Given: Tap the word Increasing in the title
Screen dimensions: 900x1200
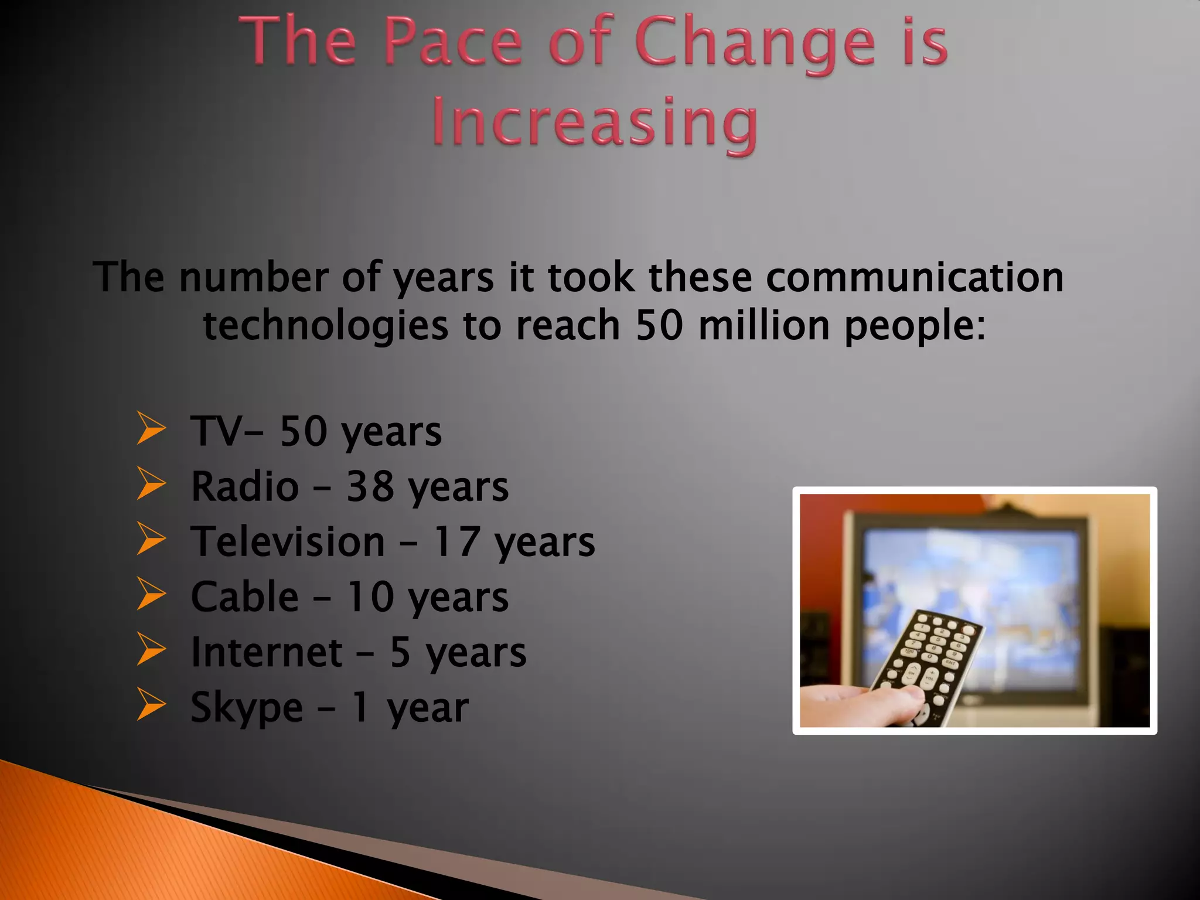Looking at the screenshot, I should [x=595, y=122].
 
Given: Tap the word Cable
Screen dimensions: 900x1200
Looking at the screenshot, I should [x=245, y=597].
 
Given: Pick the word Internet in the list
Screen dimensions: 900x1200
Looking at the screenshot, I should [x=267, y=652].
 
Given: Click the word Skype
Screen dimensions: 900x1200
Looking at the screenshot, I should [x=247, y=708].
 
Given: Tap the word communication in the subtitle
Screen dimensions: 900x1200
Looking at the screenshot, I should [x=914, y=277].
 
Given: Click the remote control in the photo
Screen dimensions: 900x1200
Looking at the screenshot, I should [x=926, y=662].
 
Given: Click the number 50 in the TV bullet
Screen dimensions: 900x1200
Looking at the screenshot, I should [x=303, y=431].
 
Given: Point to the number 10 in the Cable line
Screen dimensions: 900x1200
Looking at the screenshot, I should [x=370, y=597].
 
